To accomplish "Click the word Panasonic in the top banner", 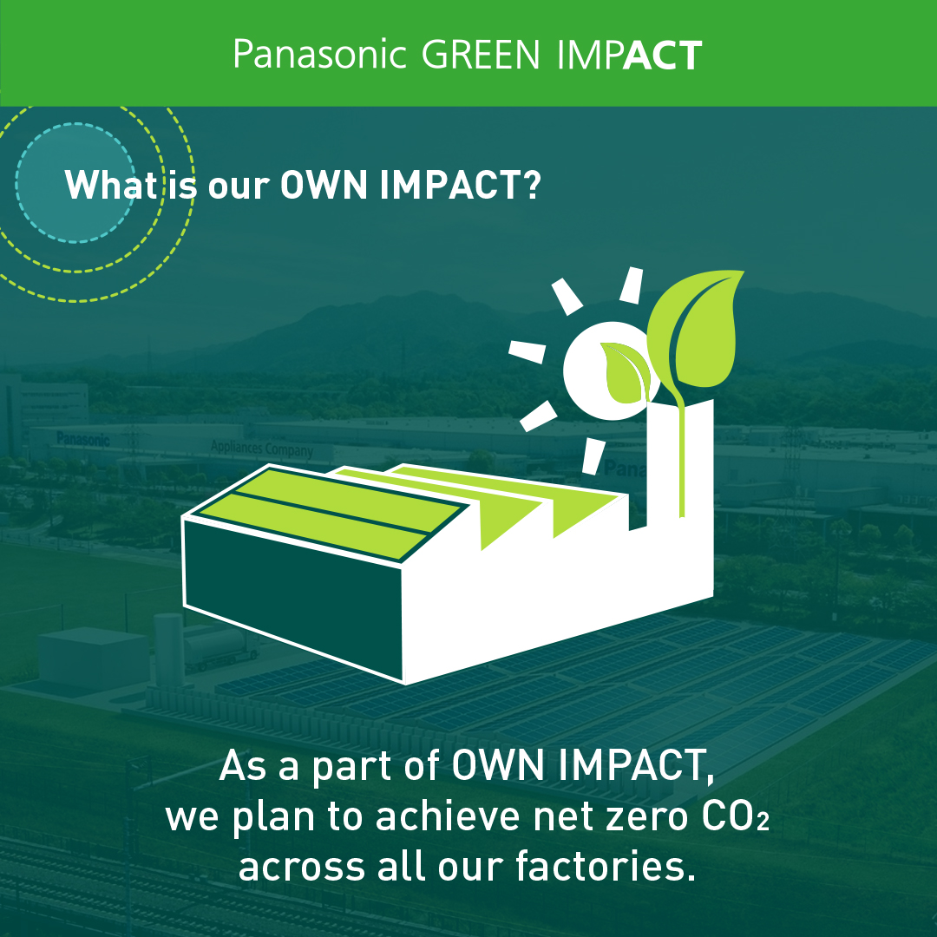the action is (x=319, y=55).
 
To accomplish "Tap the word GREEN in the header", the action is (x=481, y=55).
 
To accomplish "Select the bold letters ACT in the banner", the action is (x=662, y=55).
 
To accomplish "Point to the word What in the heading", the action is (x=110, y=185).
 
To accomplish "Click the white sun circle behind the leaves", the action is (x=604, y=370).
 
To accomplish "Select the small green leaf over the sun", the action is (x=626, y=371).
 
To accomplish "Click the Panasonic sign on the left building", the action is (x=83, y=440).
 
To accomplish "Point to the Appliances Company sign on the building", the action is (x=262, y=449).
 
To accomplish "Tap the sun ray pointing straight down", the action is (x=593, y=456).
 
